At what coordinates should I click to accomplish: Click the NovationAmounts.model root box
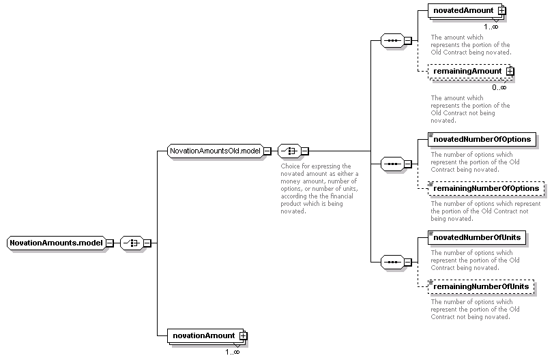pos(57,243)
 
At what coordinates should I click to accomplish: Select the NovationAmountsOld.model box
pos(215,151)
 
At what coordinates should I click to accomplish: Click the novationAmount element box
pos(205,335)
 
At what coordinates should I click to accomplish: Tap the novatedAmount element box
pos(465,11)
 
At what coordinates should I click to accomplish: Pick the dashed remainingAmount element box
pos(469,72)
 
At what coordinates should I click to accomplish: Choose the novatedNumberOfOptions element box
pos(482,139)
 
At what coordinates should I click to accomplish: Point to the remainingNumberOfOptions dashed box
pos(486,188)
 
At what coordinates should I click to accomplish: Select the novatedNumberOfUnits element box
pos(477,237)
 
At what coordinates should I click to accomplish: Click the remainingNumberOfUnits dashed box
pos(481,286)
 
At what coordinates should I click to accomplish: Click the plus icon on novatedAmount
pos(501,11)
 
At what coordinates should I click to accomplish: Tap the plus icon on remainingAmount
pos(510,72)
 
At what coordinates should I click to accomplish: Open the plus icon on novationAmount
pos(243,336)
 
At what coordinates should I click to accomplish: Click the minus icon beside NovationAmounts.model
pos(110,243)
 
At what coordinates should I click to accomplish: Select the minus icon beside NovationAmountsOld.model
pos(267,151)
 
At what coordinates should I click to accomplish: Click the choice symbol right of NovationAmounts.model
pos(132,243)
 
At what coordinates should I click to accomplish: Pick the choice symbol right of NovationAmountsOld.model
pos(289,151)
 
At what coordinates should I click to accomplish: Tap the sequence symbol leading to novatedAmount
pos(392,41)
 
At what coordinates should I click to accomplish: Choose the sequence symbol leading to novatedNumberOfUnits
pos(392,262)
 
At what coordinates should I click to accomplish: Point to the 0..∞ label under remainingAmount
pos(499,87)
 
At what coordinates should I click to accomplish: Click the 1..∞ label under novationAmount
pos(233,352)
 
